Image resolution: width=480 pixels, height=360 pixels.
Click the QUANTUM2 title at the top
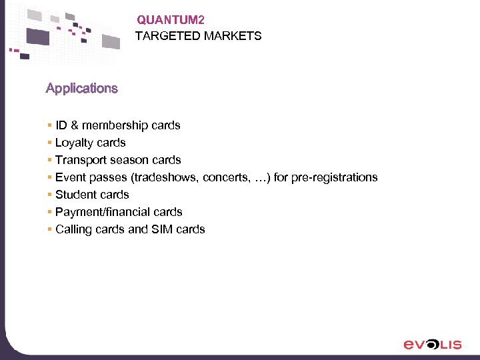166,21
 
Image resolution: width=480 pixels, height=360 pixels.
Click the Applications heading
81,88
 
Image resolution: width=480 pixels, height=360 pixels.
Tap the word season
129,160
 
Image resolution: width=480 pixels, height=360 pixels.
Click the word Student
74,195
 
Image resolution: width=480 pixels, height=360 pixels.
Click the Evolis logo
432,344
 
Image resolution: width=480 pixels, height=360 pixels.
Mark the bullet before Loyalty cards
49,143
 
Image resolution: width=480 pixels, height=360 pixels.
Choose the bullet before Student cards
49,195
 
